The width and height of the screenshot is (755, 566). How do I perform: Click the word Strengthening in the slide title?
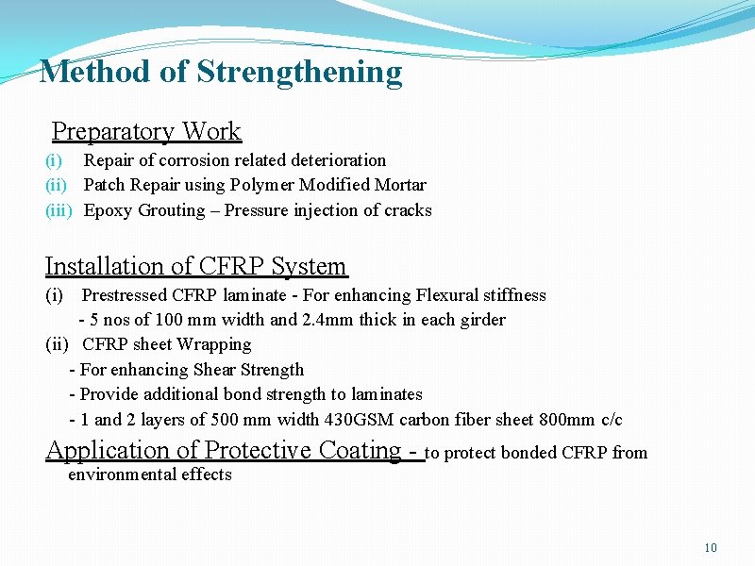(299, 72)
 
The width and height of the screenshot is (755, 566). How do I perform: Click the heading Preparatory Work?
(146, 131)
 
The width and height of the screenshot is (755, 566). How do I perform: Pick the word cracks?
(408, 210)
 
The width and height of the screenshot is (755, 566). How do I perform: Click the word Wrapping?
(214, 344)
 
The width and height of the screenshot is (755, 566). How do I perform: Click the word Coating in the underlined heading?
(359, 450)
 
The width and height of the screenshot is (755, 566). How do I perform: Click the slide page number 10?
(711, 548)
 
